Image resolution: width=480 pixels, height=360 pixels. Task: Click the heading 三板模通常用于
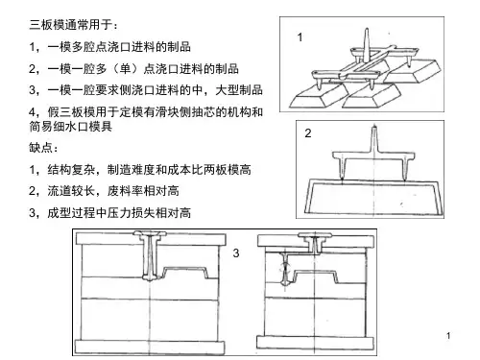71,25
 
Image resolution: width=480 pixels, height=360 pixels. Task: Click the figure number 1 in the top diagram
300,37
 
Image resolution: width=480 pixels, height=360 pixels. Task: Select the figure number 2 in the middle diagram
308,133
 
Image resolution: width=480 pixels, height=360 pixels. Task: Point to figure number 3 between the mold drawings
236,253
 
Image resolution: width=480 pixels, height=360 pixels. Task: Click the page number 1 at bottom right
448,336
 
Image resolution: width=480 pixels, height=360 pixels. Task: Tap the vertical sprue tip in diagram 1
367,30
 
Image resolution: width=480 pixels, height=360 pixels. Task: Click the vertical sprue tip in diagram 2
373,128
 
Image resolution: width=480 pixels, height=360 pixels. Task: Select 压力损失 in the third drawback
131,212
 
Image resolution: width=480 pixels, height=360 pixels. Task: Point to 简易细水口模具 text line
71,127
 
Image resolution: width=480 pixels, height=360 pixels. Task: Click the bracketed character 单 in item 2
125,68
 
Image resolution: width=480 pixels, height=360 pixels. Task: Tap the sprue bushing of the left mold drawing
150,256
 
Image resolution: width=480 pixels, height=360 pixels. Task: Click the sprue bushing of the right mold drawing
315,243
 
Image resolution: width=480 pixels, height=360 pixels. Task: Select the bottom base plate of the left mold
150,347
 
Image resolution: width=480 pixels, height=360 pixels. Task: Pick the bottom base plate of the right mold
315,343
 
